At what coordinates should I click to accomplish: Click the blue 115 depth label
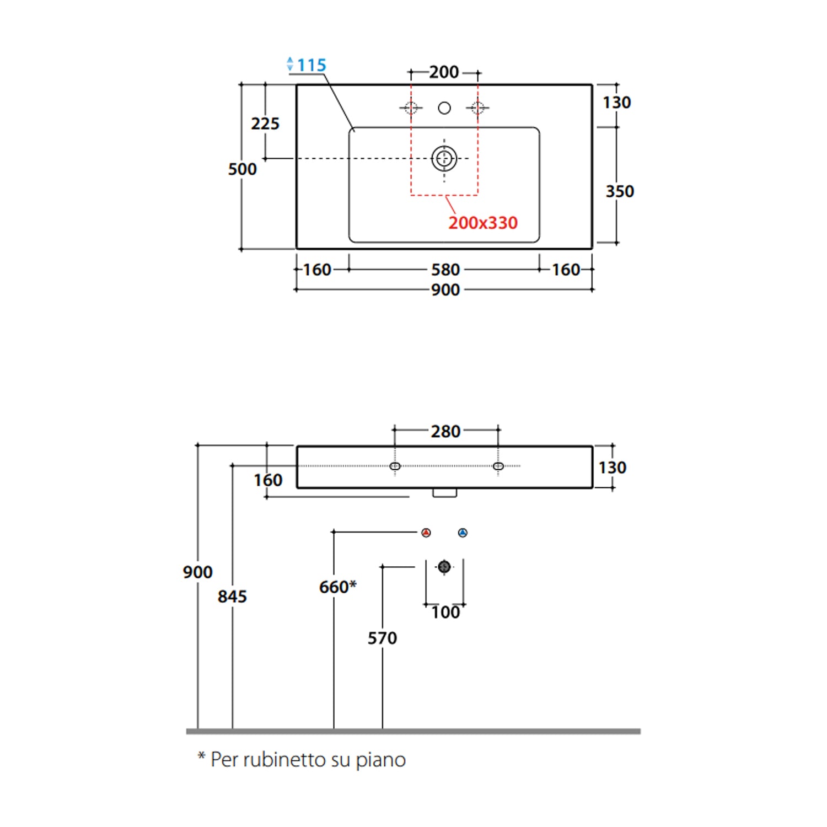312,65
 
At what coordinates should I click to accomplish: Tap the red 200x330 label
483,223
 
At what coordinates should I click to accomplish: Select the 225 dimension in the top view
265,123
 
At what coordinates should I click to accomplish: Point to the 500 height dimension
243,169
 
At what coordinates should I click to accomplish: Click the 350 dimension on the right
620,191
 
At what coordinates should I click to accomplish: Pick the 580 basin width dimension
445,270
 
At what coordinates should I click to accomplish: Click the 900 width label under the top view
445,289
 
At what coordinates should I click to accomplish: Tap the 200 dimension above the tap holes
444,72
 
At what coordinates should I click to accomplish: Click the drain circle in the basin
444,159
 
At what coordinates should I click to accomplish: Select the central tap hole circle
444,108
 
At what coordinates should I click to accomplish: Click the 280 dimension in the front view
445,431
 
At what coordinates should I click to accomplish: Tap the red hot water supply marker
426,533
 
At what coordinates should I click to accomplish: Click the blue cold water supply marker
463,533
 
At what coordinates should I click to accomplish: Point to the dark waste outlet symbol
444,566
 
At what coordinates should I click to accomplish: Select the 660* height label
337,587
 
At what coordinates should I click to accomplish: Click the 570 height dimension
382,638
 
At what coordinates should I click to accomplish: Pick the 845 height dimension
232,596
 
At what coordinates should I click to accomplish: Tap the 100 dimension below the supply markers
445,612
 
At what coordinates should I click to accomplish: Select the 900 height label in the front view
197,572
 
